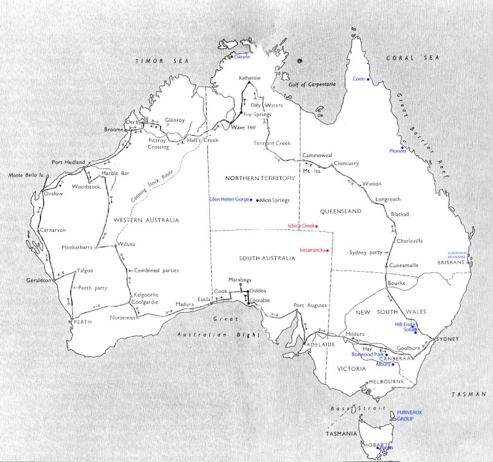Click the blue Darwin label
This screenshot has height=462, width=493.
click(x=242, y=57)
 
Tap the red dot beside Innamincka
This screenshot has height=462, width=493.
click(x=327, y=249)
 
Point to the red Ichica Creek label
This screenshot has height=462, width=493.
click(x=302, y=226)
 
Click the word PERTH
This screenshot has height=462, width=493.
click(x=83, y=321)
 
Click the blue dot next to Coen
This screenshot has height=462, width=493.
click(x=369, y=79)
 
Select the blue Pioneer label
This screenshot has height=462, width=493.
click(x=398, y=151)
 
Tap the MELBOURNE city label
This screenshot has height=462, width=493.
click(x=384, y=382)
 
